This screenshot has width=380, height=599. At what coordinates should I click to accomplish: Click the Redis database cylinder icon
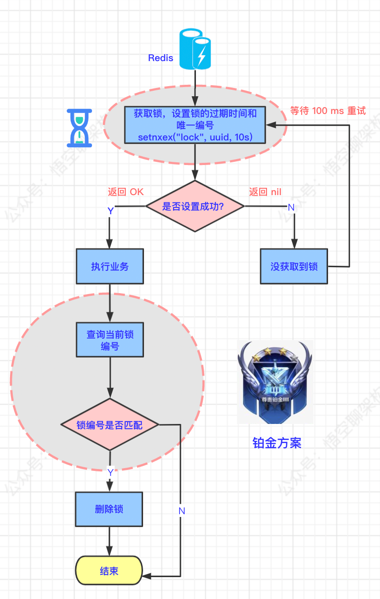[x=195, y=49]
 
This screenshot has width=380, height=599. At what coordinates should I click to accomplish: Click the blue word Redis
[x=161, y=58]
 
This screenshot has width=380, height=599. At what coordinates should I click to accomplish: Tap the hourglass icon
[x=80, y=128]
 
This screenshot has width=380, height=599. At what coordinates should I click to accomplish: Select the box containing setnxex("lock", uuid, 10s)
[x=195, y=124]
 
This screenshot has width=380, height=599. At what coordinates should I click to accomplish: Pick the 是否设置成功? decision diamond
[x=195, y=206]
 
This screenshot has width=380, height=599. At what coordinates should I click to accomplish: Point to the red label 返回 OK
[x=125, y=192]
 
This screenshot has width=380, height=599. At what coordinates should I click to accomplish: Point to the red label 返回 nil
[x=265, y=192]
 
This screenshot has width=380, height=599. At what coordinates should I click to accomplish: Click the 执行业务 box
[x=110, y=267]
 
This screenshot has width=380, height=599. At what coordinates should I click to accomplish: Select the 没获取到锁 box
[x=294, y=267]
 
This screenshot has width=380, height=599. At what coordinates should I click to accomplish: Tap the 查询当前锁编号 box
[x=110, y=340]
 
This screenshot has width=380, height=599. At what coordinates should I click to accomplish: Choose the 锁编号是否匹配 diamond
[x=110, y=425]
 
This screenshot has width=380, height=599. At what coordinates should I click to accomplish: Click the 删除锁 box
[x=109, y=509]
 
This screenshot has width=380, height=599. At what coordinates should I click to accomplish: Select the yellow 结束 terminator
[x=109, y=571]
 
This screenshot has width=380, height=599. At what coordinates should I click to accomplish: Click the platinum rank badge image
[x=275, y=382]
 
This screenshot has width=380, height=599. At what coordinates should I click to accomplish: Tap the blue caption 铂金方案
[x=277, y=443]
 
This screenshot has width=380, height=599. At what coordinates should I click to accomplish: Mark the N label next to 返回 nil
[x=291, y=207]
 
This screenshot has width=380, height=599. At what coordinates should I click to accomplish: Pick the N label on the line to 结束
[x=181, y=511]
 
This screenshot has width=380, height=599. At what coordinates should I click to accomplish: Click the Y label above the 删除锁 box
[x=110, y=473]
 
